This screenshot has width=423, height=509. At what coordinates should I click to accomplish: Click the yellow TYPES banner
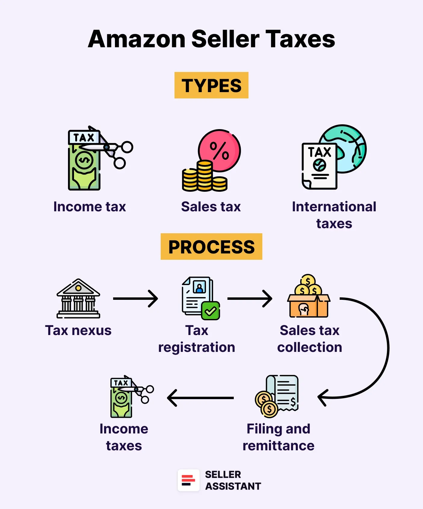211,85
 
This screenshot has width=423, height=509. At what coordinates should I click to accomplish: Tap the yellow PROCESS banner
211,247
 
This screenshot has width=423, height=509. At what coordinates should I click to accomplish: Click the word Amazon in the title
137,39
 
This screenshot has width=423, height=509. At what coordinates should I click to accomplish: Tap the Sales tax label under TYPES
211,207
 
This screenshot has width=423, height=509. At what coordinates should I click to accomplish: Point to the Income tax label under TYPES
89,207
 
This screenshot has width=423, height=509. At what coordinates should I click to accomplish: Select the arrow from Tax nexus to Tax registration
135,299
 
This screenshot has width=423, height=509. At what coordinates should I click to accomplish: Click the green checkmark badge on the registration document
211,311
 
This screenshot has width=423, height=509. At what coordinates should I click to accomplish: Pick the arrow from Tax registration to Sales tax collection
250,299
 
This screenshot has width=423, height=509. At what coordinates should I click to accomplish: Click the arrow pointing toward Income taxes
200,398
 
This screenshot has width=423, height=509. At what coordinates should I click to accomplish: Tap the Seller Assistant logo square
188,480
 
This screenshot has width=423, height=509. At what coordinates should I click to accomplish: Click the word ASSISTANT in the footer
233,486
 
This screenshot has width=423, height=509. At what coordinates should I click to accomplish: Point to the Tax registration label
196,339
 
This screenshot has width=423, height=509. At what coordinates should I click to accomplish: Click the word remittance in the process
278,445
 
